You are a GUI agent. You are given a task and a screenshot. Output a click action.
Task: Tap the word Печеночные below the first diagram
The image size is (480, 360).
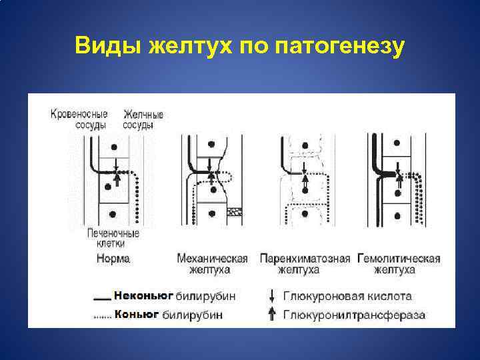(x=113, y=233)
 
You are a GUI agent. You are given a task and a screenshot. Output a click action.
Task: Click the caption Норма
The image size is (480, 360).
(x=113, y=258)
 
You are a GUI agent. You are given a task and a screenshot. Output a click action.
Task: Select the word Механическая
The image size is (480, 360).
(x=212, y=258)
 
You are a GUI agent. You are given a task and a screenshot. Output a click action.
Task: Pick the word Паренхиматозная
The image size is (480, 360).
(x=305, y=258)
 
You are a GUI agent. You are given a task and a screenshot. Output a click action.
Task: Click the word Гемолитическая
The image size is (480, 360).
(x=399, y=258)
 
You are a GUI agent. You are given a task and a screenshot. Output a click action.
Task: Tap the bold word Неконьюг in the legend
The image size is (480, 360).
(x=143, y=295)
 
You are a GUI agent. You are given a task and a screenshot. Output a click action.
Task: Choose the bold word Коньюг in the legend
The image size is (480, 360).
(x=137, y=313)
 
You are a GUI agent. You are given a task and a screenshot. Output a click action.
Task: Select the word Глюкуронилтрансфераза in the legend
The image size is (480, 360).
(x=355, y=314)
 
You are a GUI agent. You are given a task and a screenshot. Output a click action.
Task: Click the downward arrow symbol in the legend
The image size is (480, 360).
(x=271, y=295)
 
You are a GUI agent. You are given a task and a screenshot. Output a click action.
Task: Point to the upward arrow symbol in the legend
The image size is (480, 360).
(x=271, y=314)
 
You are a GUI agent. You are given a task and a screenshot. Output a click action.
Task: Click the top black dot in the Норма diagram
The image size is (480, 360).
(x=115, y=146)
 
